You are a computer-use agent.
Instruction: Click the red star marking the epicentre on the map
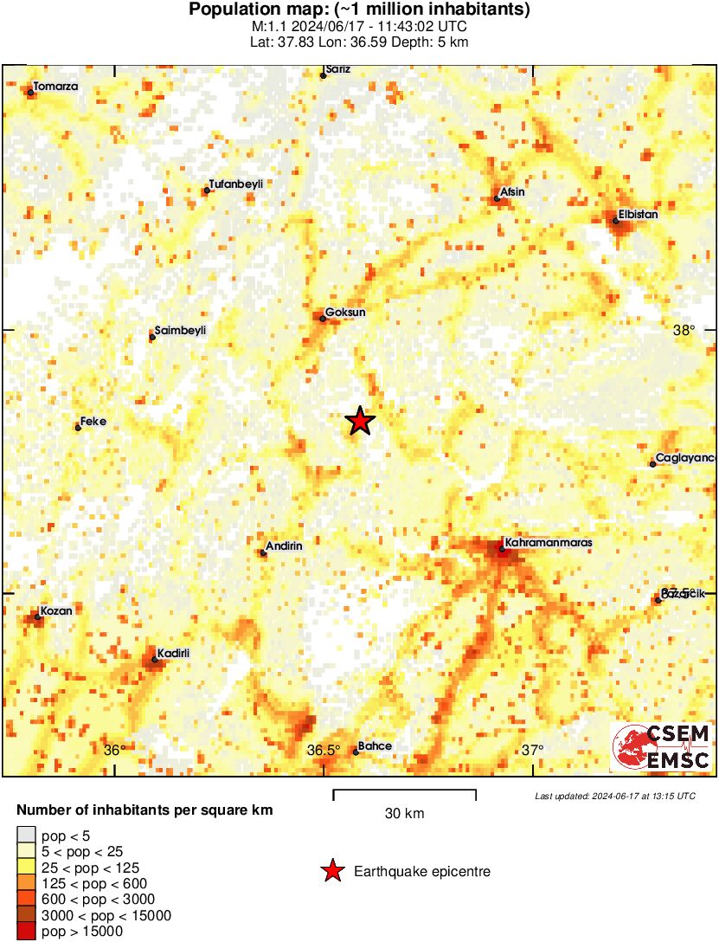coord(361,421)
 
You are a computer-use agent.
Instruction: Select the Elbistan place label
coord(639,214)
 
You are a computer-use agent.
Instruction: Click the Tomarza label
coord(55,87)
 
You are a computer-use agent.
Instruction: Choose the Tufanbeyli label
coord(235,184)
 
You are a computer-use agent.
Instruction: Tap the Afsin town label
coord(513,192)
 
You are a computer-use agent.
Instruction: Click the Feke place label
coord(93,421)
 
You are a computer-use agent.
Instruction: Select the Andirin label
coord(284,546)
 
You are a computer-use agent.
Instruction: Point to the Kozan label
coord(55,610)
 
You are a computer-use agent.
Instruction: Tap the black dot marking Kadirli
coord(155,660)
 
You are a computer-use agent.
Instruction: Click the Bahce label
coord(375,746)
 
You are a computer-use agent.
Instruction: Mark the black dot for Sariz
coord(324,75)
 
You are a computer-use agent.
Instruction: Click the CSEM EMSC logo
coord(662,747)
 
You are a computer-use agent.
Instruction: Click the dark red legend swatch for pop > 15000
coord(27,932)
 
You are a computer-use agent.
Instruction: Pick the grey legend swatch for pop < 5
coord(27,835)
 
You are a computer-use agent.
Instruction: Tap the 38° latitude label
coord(684,330)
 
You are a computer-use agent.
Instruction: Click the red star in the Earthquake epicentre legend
coord(332,872)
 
